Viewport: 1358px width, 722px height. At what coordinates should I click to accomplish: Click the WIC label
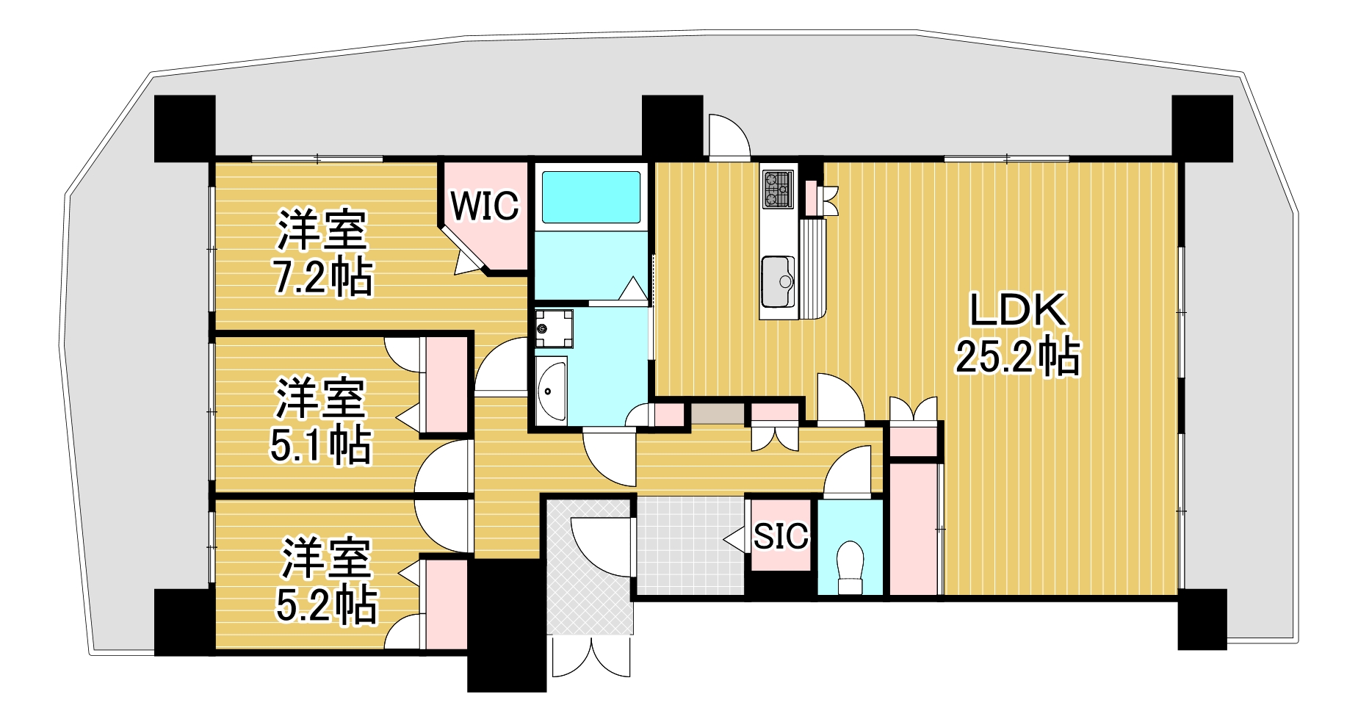pos(484,206)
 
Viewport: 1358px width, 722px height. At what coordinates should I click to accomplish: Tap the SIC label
pos(781,536)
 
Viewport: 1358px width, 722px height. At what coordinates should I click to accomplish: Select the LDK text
pos(1017,311)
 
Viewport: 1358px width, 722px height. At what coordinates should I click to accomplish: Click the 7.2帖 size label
pos(322,278)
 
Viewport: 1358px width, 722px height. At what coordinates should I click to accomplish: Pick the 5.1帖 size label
pos(320,444)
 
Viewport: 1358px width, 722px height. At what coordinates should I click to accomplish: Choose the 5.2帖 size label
pos(326,605)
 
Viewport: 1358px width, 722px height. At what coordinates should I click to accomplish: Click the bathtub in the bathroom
pos(590,196)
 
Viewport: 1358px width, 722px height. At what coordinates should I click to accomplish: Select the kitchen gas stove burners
pos(778,188)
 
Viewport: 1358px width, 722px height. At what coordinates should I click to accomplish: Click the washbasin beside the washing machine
pos(551,390)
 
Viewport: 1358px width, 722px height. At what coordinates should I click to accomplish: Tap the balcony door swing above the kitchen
pos(728,136)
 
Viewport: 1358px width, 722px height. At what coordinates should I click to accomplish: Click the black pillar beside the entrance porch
pos(506,624)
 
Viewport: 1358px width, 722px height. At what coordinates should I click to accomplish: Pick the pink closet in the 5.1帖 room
pos(446,386)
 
